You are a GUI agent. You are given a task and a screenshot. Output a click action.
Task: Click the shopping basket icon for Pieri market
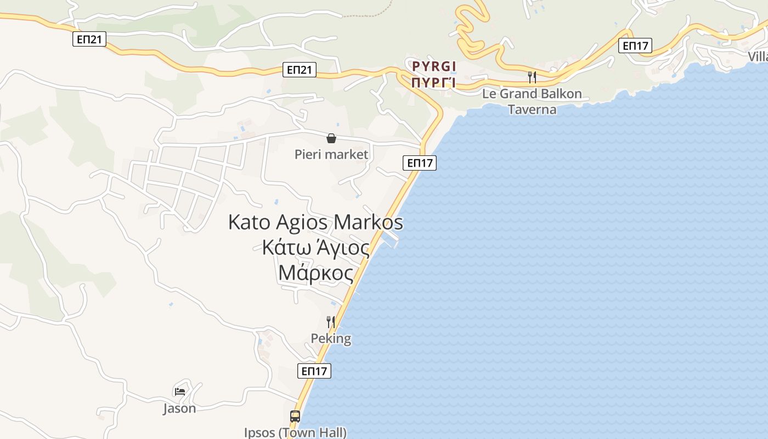[x=331, y=138]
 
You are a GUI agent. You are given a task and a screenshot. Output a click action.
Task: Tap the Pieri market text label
[x=331, y=154]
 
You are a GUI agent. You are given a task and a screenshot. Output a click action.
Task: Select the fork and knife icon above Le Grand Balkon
[x=532, y=77]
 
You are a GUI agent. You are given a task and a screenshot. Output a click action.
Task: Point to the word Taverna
[x=532, y=109]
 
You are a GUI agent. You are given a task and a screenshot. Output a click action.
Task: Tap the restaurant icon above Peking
[x=331, y=322]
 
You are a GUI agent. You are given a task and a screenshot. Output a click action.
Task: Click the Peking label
[x=331, y=338]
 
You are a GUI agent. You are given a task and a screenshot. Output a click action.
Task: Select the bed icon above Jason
[x=179, y=391]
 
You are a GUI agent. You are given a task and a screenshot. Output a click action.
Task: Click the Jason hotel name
[x=179, y=408]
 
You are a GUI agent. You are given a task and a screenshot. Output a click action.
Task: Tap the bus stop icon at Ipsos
[x=295, y=417]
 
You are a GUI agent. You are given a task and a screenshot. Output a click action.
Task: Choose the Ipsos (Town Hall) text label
[x=295, y=432]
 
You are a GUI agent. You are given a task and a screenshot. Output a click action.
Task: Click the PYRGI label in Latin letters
[x=434, y=67]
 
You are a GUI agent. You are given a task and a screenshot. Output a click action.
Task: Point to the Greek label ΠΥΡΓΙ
[x=434, y=83]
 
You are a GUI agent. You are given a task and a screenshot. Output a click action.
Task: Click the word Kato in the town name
[x=249, y=222]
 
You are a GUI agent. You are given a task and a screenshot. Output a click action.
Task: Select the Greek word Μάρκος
[x=315, y=272]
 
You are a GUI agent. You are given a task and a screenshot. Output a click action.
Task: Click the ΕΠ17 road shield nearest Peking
[x=315, y=371]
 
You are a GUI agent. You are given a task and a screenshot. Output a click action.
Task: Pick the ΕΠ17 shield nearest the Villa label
[x=635, y=46]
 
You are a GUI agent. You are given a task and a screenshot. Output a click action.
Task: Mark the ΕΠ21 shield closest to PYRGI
[x=300, y=69]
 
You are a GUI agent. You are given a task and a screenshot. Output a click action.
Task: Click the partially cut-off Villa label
[x=758, y=57]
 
